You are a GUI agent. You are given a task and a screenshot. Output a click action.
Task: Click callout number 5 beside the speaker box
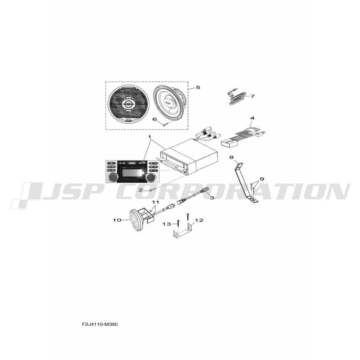click(x=198, y=87)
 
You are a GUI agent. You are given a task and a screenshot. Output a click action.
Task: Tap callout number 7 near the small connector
click(x=252, y=96)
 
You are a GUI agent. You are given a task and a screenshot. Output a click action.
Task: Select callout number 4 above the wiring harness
click(x=252, y=118)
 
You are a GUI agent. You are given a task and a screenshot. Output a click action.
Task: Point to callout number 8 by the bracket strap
click(x=231, y=157)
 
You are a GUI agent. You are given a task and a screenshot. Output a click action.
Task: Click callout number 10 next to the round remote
click(x=117, y=220)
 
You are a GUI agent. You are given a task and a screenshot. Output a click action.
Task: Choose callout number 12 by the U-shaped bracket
click(x=199, y=220)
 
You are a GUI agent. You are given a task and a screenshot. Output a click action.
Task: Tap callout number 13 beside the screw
click(x=167, y=224)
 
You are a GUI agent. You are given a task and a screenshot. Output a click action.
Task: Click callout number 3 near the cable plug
click(x=211, y=198)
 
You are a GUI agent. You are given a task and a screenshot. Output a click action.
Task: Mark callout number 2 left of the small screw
click(x=140, y=190)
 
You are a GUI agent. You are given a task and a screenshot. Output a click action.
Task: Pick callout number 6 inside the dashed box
click(x=155, y=119)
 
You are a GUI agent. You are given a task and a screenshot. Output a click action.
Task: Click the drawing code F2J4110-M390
click(x=99, y=324)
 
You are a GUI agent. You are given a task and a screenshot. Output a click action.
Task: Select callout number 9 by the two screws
click(x=262, y=179)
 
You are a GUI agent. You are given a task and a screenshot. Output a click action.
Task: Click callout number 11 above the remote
click(x=156, y=202)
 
